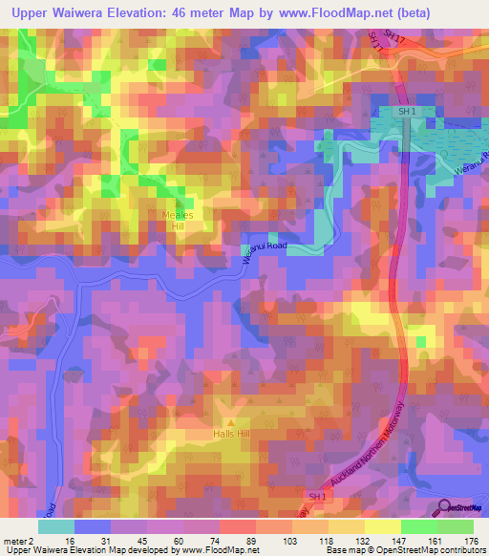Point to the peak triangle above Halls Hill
coord(229,420)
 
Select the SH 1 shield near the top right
coord(408,112)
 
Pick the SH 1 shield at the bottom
coord(318,497)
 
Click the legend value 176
coord(471,540)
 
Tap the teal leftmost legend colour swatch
coord(55,526)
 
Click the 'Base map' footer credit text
coord(345,550)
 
